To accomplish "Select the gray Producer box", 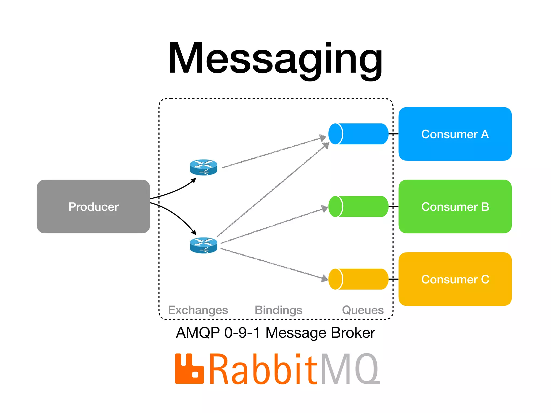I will click(x=93, y=206).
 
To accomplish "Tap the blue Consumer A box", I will click(x=455, y=134).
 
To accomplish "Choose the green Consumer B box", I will click(x=455, y=206).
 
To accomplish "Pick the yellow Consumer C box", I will click(x=455, y=279).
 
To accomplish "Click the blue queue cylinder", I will click(x=359, y=134).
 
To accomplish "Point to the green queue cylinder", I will click(x=359, y=206).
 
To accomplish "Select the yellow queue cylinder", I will click(x=359, y=279).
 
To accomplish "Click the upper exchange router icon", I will click(x=203, y=167).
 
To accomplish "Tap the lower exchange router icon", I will click(x=203, y=245).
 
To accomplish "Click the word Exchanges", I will click(x=198, y=310).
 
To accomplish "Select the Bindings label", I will click(x=278, y=310).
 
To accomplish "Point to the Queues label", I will click(x=363, y=310).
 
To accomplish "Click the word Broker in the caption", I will click(x=353, y=333).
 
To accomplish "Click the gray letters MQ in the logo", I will click(x=350, y=369).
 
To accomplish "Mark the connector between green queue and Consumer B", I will click(x=393, y=206).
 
